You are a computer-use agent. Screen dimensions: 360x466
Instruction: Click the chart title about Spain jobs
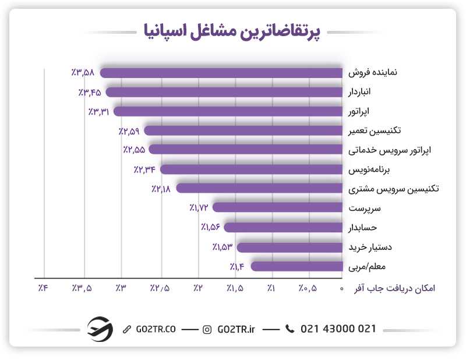pyautogui.click(x=233, y=31)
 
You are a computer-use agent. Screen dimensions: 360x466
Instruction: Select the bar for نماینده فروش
pyautogui.click(x=221, y=73)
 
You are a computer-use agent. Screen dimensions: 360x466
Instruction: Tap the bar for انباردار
pyautogui.click(x=224, y=92)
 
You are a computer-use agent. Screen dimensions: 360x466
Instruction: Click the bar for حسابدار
pyautogui.click(x=283, y=227)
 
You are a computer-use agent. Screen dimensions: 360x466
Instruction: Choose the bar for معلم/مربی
pyautogui.click(x=296, y=266)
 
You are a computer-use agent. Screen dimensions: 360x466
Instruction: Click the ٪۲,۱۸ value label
pyautogui.click(x=161, y=189)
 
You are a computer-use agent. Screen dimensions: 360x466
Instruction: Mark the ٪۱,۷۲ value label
pyautogui.click(x=198, y=208)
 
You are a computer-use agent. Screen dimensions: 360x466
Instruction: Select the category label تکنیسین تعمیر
pyautogui.click(x=377, y=130)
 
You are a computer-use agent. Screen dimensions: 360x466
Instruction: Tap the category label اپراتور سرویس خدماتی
pyautogui.click(x=389, y=150)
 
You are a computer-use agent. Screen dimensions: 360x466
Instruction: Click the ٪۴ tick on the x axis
pyautogui.click(x=43, y=288)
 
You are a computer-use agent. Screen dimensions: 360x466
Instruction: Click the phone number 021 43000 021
pyautogui.click(x=338, y=329)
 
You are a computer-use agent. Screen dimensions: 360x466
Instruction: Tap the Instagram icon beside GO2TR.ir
pyautogui.click(x=207, y=330)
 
